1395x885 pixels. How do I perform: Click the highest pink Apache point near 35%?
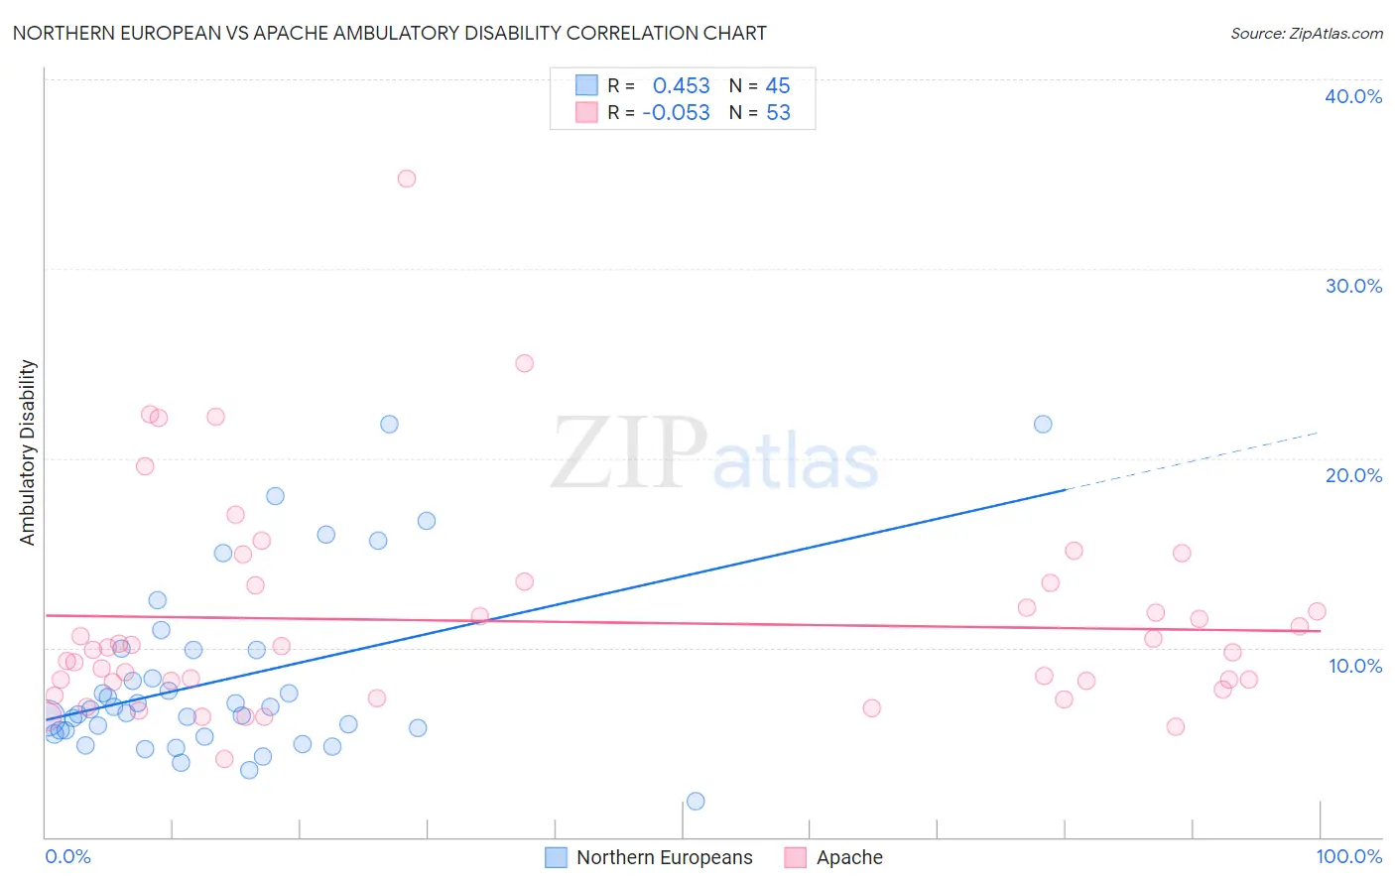pos(406,179)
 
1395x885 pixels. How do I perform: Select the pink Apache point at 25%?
pos(524,363)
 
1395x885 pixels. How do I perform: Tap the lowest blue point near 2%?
pos(696,801)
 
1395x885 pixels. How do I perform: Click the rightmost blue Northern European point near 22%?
pos(1043,424)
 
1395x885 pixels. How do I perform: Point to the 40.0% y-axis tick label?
pos(1353,96)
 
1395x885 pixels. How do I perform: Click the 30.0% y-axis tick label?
pos(1353,286)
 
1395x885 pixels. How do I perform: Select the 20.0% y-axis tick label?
pos(1353,475)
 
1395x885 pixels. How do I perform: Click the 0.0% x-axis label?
pos(67,856)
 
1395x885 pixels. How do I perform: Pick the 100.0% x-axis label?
pos(1348,856)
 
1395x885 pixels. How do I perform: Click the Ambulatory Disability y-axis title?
pos(28,452)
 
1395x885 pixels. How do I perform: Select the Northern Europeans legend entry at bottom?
pos(664,857)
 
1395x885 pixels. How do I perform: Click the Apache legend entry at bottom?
pos(848,857)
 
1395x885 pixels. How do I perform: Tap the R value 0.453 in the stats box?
pos(681,86)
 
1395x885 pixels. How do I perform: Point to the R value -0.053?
pos(676,113)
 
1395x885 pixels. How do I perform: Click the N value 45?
pos(778,86)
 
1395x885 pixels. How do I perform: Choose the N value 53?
pos(778,113)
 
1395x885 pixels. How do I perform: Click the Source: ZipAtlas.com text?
pos(1306,34)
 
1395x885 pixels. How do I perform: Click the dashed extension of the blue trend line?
pos(1191,461)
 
